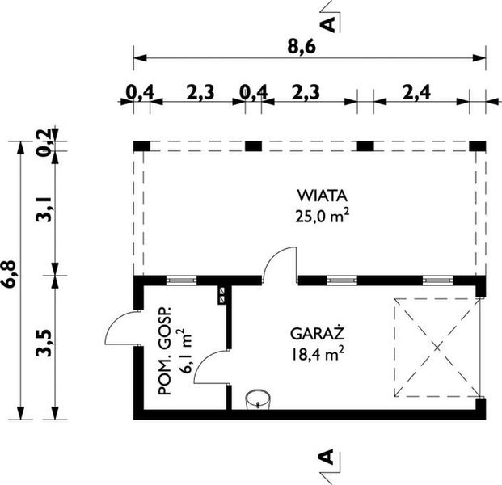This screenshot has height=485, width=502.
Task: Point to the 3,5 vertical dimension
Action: click(x=46, y=344)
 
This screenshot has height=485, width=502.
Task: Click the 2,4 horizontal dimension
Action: click(x=414, y=92)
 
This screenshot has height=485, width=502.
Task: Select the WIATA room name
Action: click(x=322, y=195)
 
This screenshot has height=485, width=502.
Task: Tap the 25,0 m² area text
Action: click(x=323, y=214)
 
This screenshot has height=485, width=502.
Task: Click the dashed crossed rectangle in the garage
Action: click(x=433, y=348)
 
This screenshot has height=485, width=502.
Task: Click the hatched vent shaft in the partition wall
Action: click(x=222, y=295)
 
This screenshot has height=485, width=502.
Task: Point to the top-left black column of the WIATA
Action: click(x=142, y=145)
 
